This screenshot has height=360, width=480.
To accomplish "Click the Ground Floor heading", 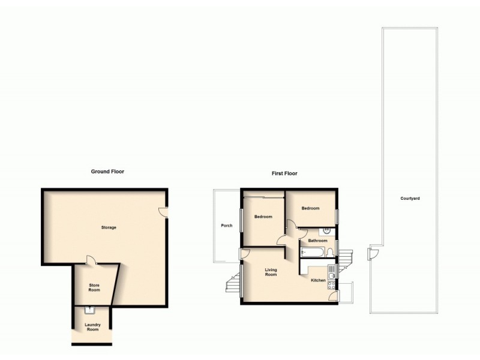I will [107, 171].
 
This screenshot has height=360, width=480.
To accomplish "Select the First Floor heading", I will [284, 173].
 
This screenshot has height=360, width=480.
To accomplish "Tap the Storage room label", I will [109, 227].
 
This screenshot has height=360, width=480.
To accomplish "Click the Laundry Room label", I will [92, 327].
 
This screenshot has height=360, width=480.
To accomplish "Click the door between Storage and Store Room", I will [91, 260].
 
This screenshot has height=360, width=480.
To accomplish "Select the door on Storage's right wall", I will [163, 211].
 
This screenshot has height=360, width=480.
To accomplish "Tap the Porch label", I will [227, 226].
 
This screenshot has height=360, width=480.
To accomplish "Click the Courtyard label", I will [411, 198].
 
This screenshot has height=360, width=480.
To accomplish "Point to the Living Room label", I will [271, 272].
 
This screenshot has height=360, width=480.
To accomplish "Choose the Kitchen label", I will [318, 280].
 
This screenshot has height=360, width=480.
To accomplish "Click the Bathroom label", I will [317, 241].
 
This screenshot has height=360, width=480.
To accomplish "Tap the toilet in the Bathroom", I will [331, 251].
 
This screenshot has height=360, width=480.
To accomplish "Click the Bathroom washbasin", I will [327, 230].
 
